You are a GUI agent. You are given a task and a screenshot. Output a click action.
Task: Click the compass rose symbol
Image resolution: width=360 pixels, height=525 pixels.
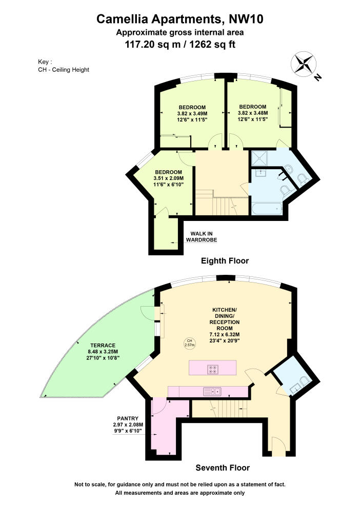point(304,64)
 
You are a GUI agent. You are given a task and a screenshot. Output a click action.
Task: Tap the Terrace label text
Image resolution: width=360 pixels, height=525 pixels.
point(103,345)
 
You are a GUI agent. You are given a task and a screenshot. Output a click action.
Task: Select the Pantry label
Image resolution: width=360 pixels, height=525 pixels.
point(128,418)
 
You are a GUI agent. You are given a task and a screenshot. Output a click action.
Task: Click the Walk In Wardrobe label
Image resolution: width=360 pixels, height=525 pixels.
point(202,237)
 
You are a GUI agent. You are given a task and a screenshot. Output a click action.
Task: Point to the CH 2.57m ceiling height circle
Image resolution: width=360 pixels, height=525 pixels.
point(190,342)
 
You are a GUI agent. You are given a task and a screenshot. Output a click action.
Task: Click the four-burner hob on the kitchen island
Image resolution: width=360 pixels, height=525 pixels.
point(213,369)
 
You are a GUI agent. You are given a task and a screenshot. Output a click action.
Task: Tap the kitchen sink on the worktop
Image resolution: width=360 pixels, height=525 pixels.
point(212,391)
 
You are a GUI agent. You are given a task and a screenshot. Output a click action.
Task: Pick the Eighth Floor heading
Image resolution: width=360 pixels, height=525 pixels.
point(225,261)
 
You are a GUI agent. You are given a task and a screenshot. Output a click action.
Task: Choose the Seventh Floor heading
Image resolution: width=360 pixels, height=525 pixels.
point(223,468)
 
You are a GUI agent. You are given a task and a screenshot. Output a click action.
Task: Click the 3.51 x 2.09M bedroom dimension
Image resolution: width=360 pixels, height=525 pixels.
point(168,178)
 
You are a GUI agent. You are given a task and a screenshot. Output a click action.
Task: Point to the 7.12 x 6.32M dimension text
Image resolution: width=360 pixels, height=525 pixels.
point(225,334)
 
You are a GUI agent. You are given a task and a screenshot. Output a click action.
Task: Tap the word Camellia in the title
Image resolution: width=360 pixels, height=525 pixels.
point(123,19)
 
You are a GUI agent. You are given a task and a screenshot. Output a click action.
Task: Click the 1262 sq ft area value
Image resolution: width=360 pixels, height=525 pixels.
point(212,44)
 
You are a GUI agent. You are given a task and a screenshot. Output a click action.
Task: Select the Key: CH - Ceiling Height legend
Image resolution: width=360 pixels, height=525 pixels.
point(64,66)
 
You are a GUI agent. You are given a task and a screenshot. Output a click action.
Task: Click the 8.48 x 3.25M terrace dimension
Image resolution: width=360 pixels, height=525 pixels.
point(103,352)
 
